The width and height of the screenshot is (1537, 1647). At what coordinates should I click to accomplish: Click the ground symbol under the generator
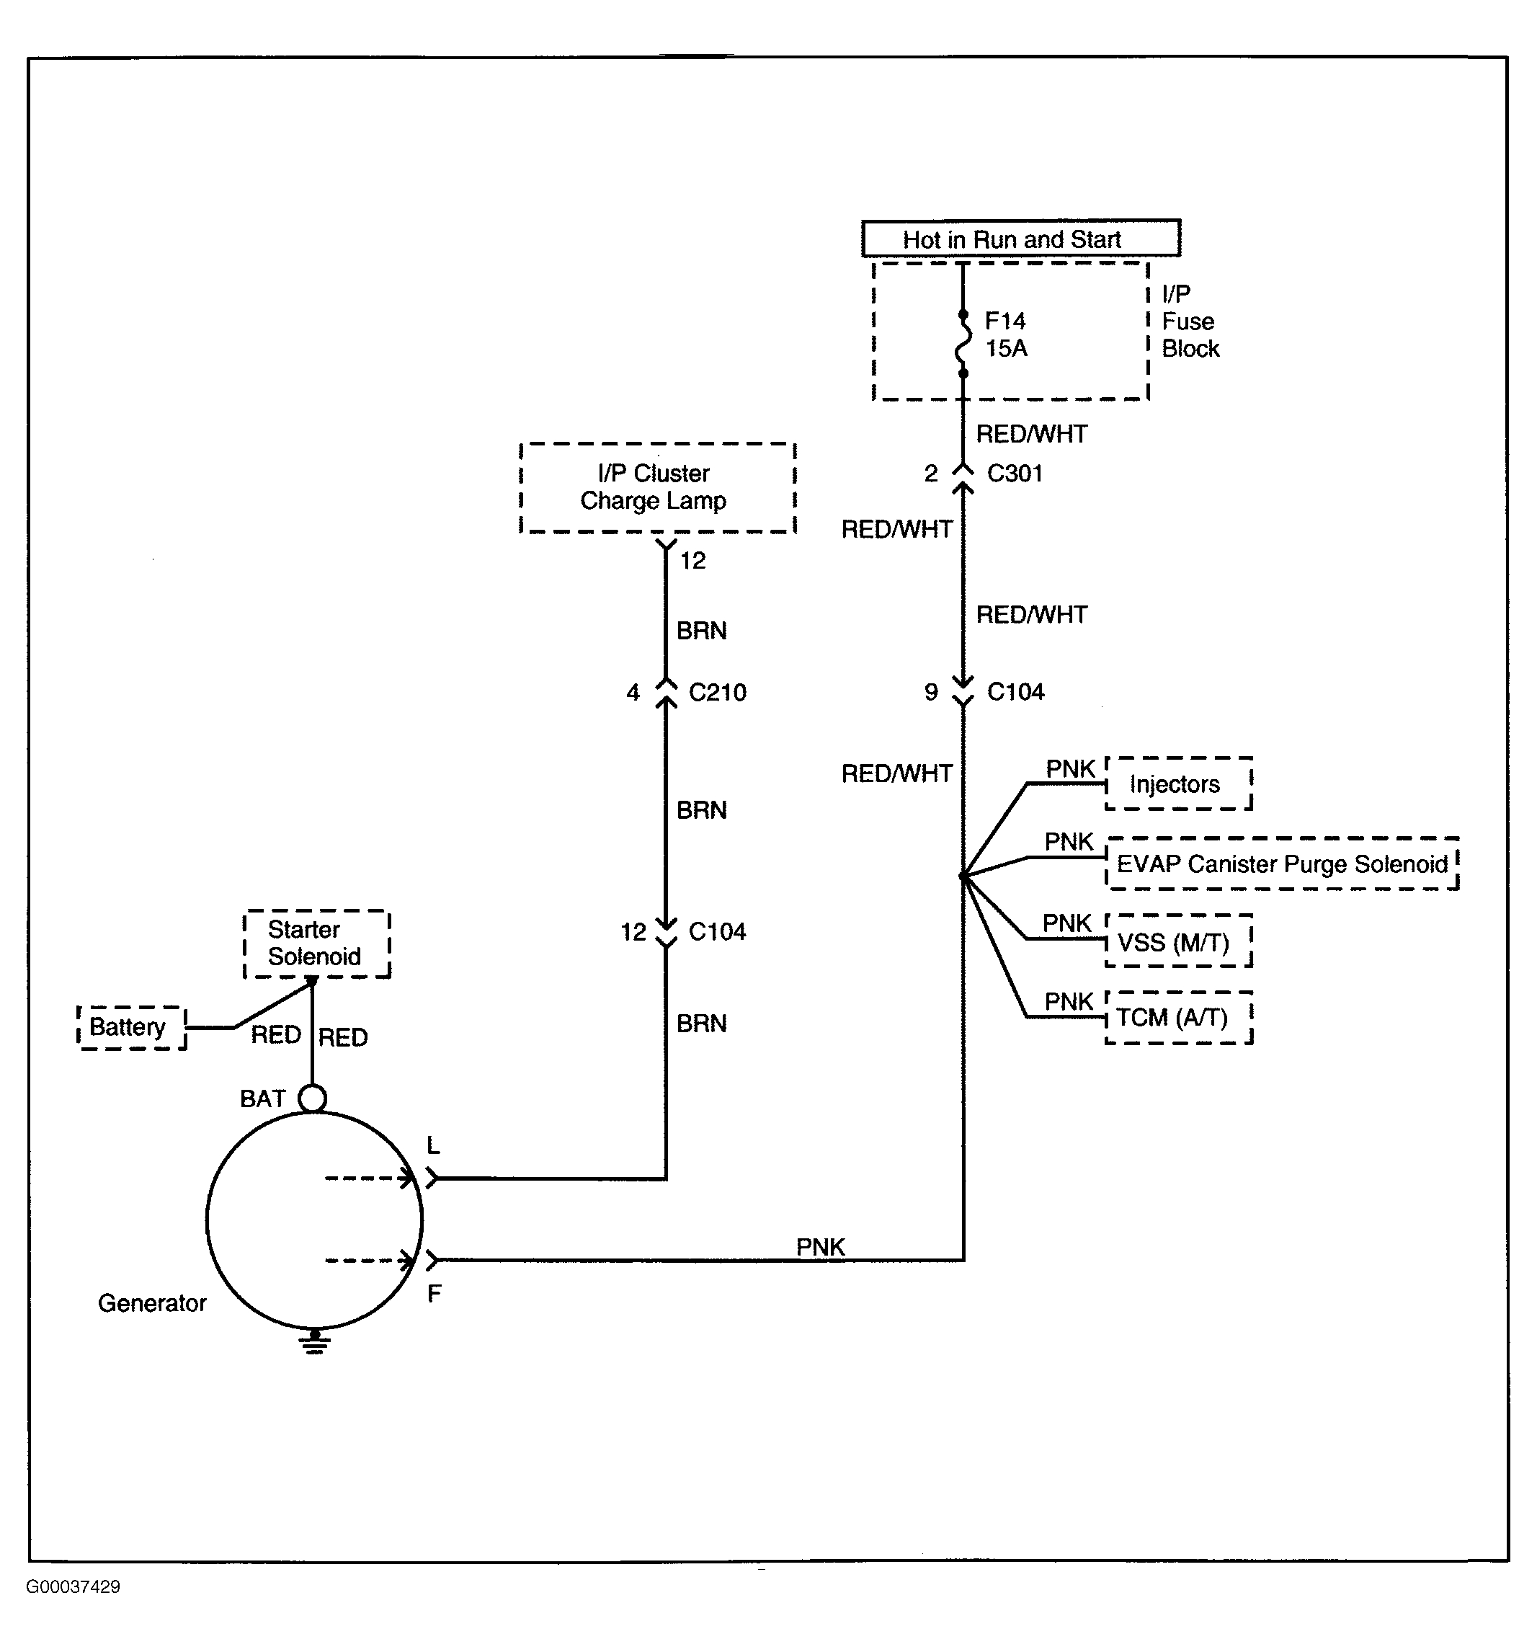(314, 1341)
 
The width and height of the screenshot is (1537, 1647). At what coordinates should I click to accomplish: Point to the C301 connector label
(1015, 473)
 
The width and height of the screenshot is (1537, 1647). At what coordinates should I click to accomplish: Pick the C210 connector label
(717, 692)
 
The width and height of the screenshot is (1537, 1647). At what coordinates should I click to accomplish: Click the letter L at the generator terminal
(433, 1146)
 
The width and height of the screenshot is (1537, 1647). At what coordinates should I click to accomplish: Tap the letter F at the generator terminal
(434, 1293)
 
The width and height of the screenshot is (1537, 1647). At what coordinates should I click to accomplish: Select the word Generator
(152, 1303)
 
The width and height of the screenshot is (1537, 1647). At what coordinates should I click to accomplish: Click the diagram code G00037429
(73, 1586)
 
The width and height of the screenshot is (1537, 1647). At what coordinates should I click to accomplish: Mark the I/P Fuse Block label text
(1190, 321)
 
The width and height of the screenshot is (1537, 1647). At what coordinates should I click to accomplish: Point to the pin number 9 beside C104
(931, 692)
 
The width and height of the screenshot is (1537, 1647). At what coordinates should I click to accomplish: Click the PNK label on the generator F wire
(820, 1246)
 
